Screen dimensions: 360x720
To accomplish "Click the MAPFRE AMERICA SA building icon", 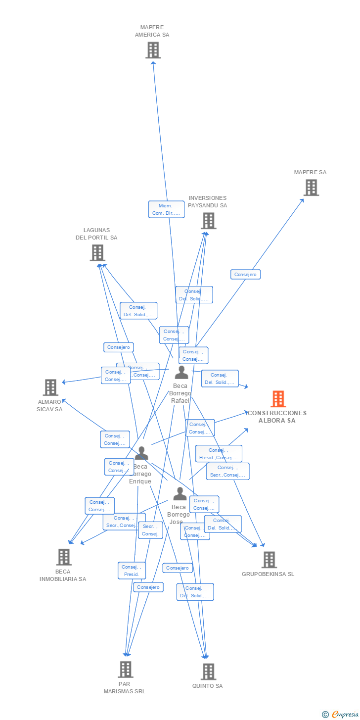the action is click(x=153, y=50).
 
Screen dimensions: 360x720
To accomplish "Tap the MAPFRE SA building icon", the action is click(x=311, y=188).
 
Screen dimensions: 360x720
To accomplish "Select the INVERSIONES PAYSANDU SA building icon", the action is click(x=208, y=221).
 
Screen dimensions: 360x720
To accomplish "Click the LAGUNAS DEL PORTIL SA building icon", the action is click(x=97, y=253).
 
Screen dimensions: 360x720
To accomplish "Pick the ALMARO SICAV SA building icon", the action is click(x=50, y=387).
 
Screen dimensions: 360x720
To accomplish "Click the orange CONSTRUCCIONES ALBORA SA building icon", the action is click(x=278, y=399).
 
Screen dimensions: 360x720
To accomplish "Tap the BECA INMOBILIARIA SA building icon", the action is click(x=63, y=557).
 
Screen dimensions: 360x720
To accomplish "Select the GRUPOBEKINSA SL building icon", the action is click(x=269, y=560).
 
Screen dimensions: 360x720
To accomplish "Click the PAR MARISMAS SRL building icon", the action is click(x=126, y=670).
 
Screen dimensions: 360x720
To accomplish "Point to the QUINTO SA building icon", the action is click(x=208, y=672).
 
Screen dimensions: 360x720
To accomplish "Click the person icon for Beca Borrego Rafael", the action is click(x=181, y=372).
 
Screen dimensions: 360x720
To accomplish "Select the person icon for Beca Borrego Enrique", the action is click(x=141, y=453).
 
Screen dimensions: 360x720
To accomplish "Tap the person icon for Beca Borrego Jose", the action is click(x=180, y=493).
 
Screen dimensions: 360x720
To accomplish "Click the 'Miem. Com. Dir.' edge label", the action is click(x=166, y=209).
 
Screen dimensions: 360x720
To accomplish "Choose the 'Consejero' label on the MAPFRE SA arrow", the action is click(x=245, y=274).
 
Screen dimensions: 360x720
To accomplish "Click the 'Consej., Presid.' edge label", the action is click(x=132, y=571).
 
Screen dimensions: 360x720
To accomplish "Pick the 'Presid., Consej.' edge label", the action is click(x=219, y=454).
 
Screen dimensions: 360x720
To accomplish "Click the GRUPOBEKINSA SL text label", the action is click(x=268, y=574).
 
